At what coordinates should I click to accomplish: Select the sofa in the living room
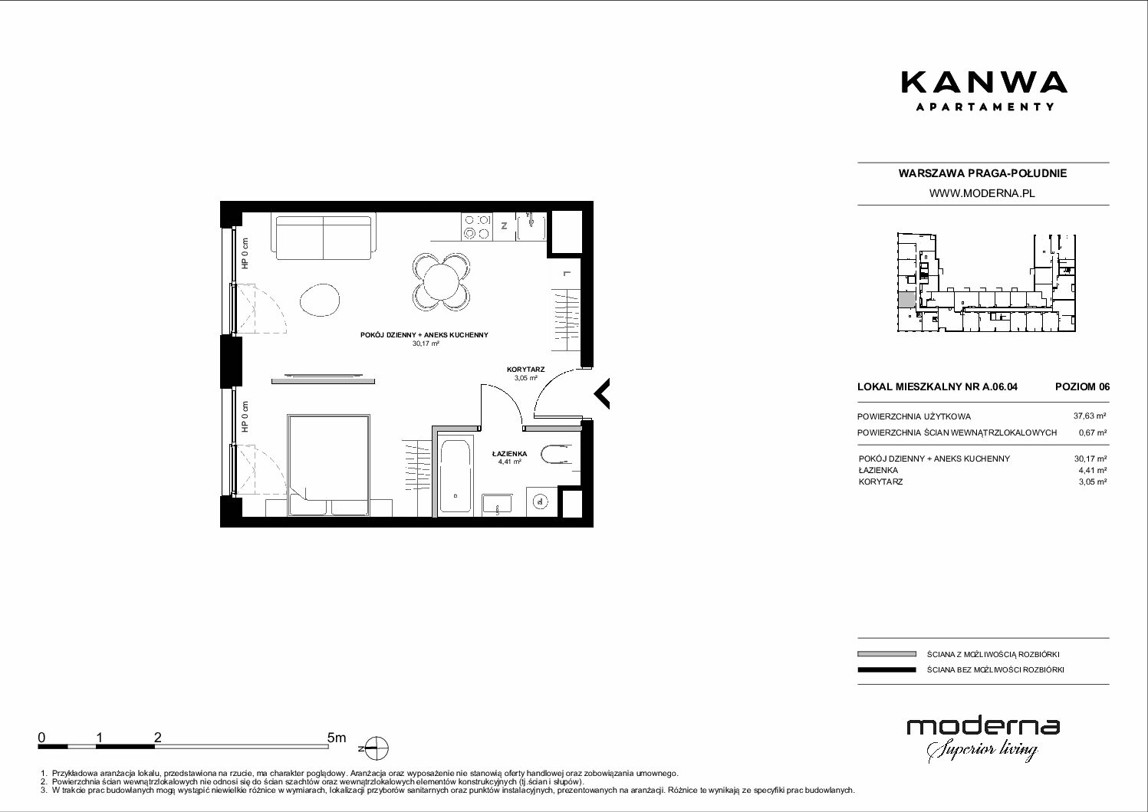tap(324, 238)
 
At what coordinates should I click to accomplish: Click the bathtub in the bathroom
tap(455, 475)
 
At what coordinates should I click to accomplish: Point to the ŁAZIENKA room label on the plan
tap(509, 453)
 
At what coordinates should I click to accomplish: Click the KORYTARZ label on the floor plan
tap(525, 369)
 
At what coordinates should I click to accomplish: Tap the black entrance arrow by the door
tap(602, 394)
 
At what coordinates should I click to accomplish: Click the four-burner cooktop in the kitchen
tap(477, 227)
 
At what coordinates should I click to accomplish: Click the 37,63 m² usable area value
tap(1090, 416)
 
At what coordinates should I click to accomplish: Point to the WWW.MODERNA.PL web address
tap(982, 193)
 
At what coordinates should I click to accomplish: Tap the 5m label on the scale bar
tap(337, 737)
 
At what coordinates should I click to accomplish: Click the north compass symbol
tap(378, 748)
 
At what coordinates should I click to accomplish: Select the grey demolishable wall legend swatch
tap(886, 654)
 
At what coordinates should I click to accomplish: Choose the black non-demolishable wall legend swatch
tap(886, 669)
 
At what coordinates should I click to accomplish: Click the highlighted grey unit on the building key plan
tap(906, 300)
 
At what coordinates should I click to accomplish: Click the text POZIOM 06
tap(1082, 386)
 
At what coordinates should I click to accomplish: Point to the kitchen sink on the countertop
tap(531, 227)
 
